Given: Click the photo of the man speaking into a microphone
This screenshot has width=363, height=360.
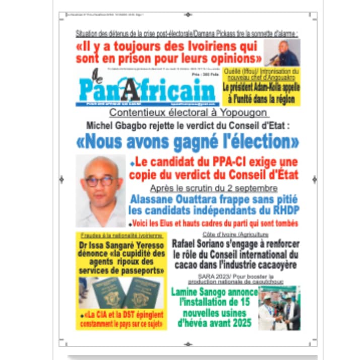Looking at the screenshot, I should click(x=282, y=52).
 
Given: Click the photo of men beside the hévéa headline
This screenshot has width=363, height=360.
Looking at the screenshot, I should click(x=279, y=308).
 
